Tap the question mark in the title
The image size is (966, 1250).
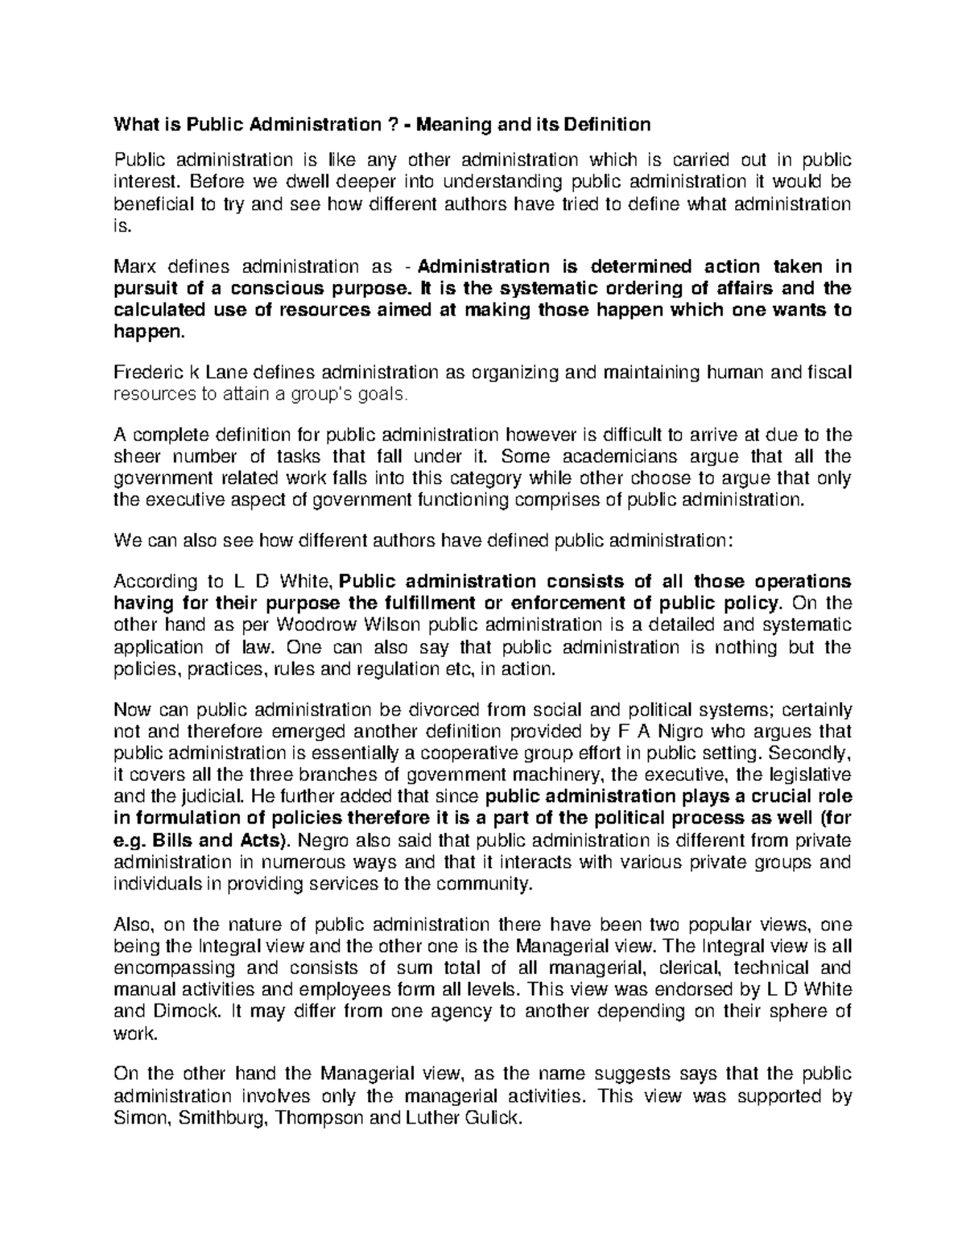[391, 125]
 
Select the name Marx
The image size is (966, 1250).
[138, 266]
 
